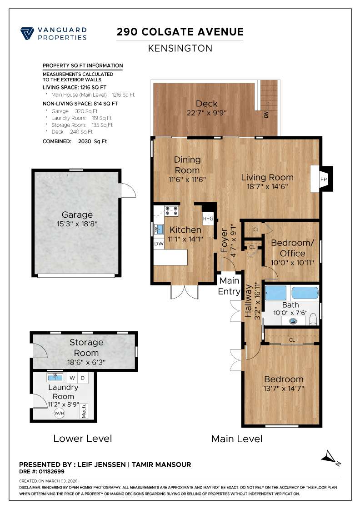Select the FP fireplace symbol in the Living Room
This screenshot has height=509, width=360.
pyautogui.click(x=323, y=179)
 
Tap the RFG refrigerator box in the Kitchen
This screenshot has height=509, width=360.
pyautogui.click(x=208, y=219)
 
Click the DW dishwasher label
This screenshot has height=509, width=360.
pyautogui.click(x=159, y=244)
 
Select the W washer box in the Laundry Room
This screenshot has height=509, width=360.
pyautogui.click(x=73, y=378)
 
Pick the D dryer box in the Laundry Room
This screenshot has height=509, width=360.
pyautogui.click(x=83, y=378)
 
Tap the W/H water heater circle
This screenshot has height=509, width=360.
pyautogui.click(x=59, y=413)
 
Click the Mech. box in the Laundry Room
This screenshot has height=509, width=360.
pyautogui.click(x=84, y=411)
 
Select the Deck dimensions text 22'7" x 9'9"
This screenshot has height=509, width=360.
pyautogui.click(x=207, y=113)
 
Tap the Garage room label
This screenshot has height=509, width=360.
pyautogui.click(x=77, y=215)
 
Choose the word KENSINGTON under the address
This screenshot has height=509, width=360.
pyautogui.click(x=180, y=48)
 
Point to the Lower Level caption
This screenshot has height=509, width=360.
pyautogui.click(x=83, y=439)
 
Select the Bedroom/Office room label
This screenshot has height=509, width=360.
pyautogui.click(x=292, y=248)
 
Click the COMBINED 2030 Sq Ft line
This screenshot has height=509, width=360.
pyautogui.click(x=75, y=141)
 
